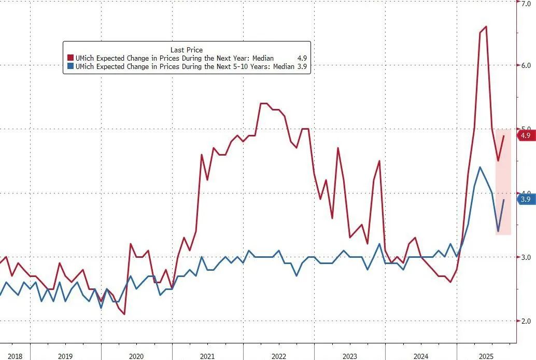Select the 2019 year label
[x=65, y=356]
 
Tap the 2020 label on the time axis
[x=136, y=356]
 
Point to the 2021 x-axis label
[x=207, y=356]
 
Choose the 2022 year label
[x=278, y=356]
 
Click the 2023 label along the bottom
[x=349, y=356]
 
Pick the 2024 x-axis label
[x=420, y=356]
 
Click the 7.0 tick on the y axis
[x=526, y=3]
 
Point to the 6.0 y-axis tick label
[x=526, y=65]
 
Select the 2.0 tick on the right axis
[x=526, y=321]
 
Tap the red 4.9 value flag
[x=525, y=135]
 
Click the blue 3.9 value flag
[x=525, y=199]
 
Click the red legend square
[x=70, y=58]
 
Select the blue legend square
[x=70, y=66]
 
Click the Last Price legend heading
[x=186, y=49]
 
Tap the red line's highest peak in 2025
[x=486, y=26]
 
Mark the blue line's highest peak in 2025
[x=480, y=167]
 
